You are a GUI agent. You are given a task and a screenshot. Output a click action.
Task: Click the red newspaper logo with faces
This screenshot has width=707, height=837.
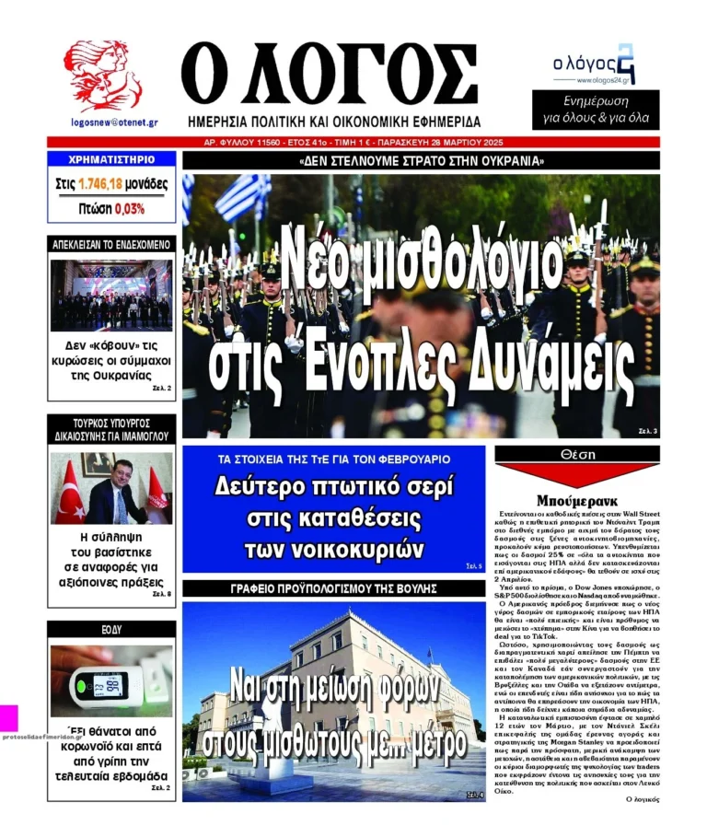tap(104, 76)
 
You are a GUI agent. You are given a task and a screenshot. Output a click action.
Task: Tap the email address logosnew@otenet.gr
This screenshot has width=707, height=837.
tap(114, 122)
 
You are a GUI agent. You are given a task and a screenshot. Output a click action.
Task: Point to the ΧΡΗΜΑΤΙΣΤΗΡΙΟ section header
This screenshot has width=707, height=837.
tap(111, 159)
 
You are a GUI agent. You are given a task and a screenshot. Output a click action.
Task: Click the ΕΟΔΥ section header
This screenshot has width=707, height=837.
tap(111, 630)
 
